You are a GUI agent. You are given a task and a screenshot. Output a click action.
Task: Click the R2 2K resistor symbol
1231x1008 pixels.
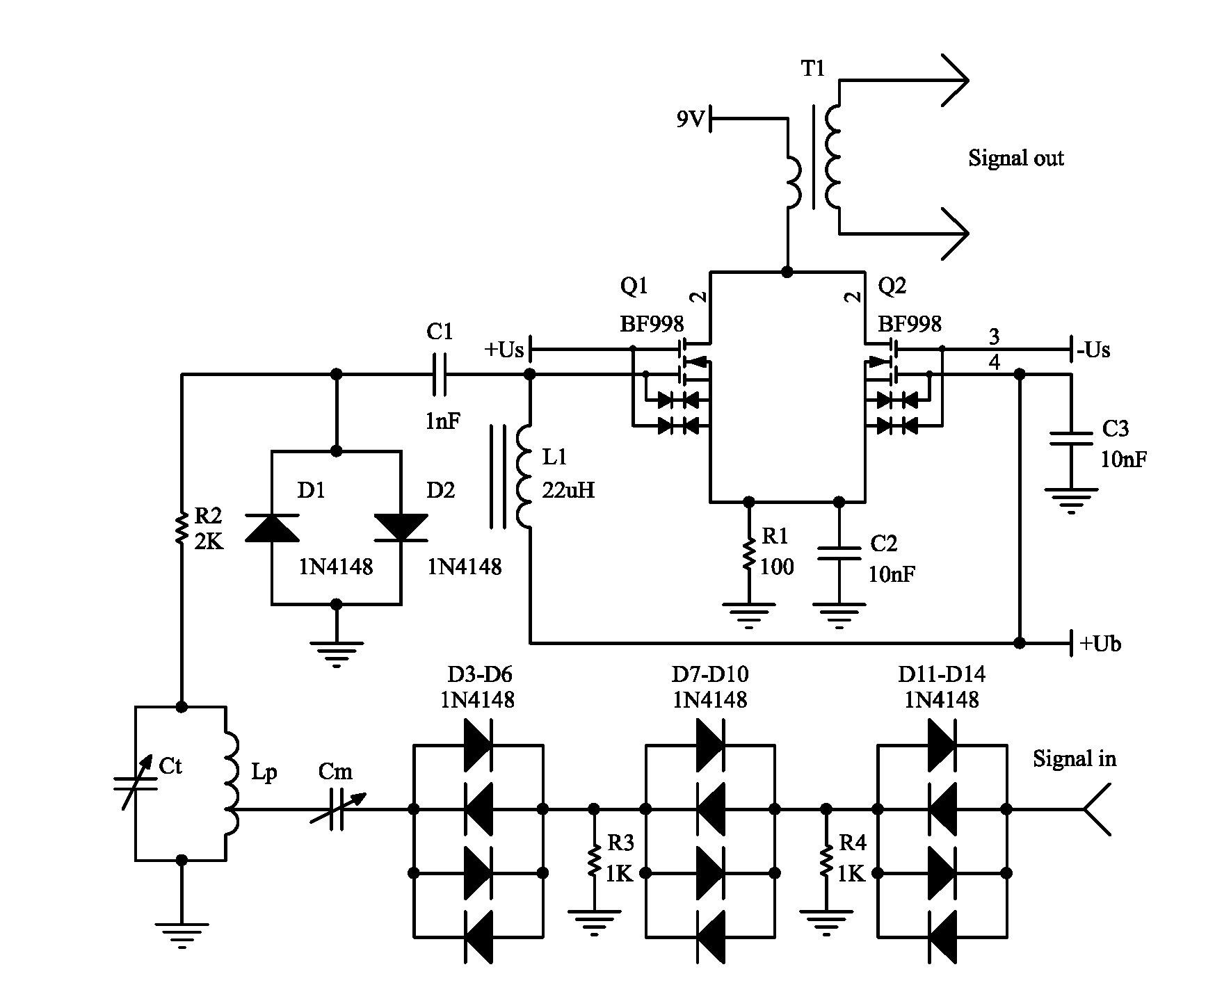(182, 528)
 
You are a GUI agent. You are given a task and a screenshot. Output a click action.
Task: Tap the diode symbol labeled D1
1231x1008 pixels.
(271, 528)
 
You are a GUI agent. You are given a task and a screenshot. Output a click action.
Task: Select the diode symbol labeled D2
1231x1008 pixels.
(401, 528)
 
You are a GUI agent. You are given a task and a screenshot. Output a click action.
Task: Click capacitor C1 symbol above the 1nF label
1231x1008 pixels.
(440, 375)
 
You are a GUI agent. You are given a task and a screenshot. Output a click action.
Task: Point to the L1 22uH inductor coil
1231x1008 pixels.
(523, 477)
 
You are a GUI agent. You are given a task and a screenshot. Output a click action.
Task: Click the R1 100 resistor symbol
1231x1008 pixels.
(748, 554)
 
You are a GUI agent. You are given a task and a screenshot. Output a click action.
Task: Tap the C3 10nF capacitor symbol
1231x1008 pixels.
(1071, 438)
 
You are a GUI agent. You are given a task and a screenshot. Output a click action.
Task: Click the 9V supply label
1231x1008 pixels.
(690, 120)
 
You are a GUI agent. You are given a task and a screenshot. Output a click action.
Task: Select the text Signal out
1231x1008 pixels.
(1015, 158)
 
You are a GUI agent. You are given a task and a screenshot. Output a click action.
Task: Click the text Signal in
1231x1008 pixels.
(1074, 758)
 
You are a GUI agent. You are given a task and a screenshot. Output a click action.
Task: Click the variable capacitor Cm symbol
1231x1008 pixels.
(336, 809)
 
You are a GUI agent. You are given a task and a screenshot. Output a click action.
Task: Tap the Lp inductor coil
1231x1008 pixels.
(230, 783)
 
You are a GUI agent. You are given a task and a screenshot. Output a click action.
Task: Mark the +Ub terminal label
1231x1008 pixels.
(1100, 644)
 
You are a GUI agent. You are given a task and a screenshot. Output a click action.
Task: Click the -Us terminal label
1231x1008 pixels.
(1093, 350)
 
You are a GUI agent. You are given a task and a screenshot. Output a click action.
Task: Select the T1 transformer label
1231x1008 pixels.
(813, 69)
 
